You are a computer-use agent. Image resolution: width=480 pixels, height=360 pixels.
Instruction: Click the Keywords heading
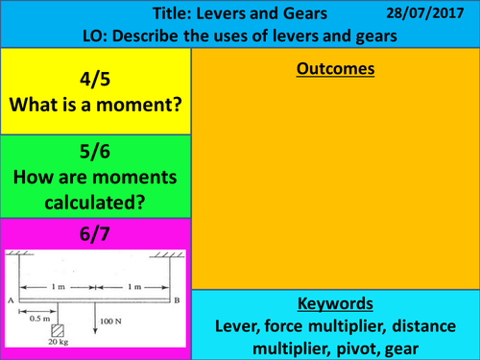pyautogui.click(x=335, y=302)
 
